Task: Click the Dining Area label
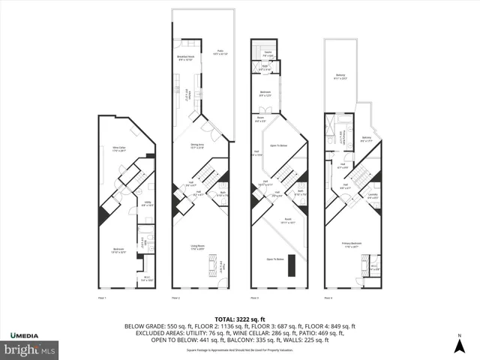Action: [x=196, y=145]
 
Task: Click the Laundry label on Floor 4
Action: [x=373, y=196]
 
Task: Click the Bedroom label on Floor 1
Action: [x=118, y=250]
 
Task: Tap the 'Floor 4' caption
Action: [x=328, y=298]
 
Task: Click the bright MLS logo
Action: [x=29, y=349]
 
